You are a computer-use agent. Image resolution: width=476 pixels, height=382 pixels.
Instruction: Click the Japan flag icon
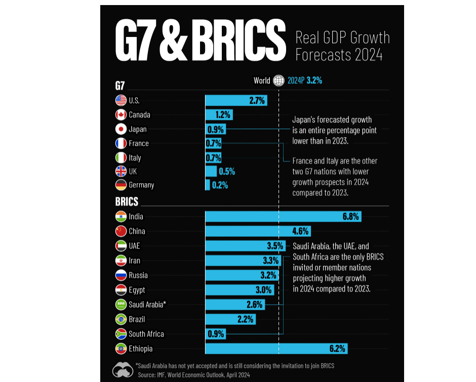click(x=121, y=129)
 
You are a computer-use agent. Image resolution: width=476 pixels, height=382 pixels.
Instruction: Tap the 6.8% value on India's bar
click(x=350, y=217)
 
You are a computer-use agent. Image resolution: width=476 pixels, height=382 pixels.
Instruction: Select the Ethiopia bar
click(x=276, y=349)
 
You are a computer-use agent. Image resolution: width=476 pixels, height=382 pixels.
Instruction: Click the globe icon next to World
click(x=279, y=80)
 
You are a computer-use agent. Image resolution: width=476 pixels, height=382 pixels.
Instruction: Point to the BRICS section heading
click(x=127, y=202)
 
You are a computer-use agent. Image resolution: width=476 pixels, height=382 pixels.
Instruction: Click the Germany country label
click(x=141, y=185)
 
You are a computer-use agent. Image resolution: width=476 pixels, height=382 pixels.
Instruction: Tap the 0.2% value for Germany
click(x=220, y=185)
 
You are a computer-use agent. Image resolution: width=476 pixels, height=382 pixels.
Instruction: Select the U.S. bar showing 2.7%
click(x=235, y=100)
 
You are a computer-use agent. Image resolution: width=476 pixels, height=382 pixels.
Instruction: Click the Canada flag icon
click(x=121, y=115)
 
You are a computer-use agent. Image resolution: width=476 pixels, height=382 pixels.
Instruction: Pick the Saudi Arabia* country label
click(x=147, y=305)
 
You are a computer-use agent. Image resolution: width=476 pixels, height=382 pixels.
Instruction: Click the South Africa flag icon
click(x=121, y=334)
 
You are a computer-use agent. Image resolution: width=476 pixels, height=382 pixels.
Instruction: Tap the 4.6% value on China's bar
click(x=300, y=231)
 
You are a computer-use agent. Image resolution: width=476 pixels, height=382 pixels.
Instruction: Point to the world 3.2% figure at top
click(x=314, y=80)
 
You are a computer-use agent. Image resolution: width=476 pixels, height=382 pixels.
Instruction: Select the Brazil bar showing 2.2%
click(x=230, y=319)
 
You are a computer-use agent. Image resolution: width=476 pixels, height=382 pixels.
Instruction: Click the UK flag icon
click(x=121, y=172)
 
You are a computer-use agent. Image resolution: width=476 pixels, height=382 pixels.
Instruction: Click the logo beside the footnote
click(x=123, y=369)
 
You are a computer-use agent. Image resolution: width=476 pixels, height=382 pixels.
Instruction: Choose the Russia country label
click(x=138, y=275)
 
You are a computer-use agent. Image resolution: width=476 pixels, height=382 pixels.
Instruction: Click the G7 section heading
click(x=120, y=84)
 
